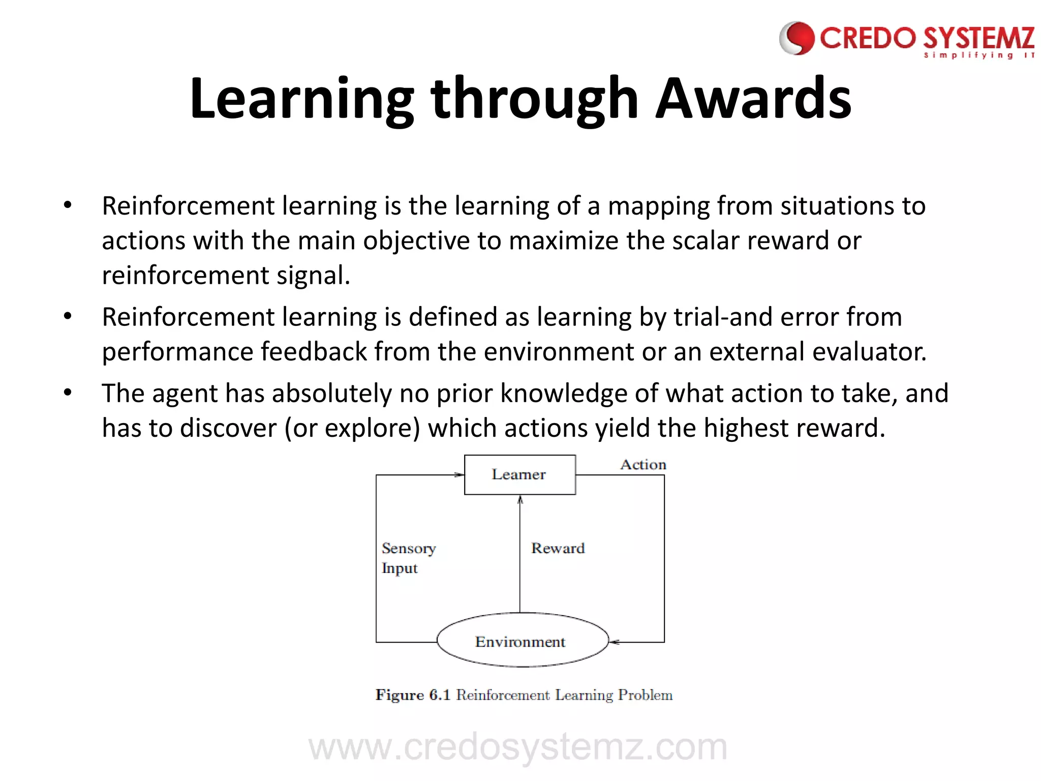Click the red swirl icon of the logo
[x=797, y=38]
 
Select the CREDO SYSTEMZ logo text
[x=926, y=39]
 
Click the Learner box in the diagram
[x=519, y=474]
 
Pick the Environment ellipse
[x=522, y=641]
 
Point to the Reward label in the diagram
[x=558, y=548]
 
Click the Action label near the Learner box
[x=642, y=465]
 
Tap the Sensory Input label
[x=408, y=558]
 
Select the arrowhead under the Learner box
[x=520, y=500]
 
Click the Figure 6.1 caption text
[x=524, y=695]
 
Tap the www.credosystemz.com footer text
[x=517, y=747]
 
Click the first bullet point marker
[x=68, y=205]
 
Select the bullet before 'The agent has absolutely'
[x=68, y=393]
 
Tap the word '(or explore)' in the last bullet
[x=352, y=428]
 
